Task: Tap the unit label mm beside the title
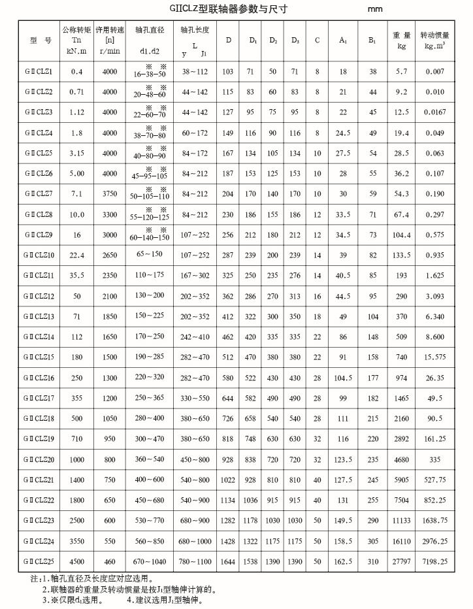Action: (x=374, y=10)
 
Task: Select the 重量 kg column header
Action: (x=402, y=41)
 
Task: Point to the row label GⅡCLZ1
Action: (x=41, y=71)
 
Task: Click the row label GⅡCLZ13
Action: (x=41, y=316)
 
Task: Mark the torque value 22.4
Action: (x=76, y=255)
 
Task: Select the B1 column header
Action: (x=372, y=41)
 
